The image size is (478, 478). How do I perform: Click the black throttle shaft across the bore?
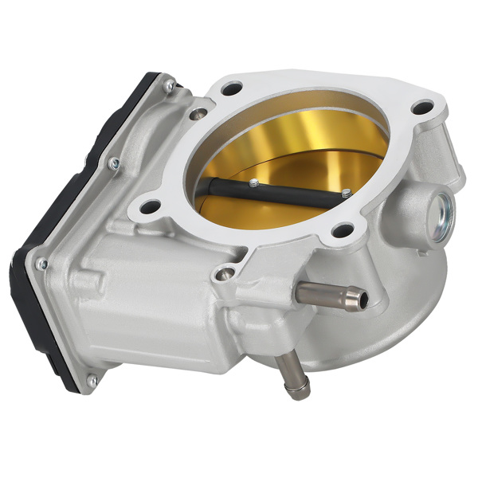[271, 194]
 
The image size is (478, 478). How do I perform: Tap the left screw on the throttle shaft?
[253, 182]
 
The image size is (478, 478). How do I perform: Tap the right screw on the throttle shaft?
[346, 193]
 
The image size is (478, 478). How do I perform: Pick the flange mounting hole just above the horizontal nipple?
[342, 231]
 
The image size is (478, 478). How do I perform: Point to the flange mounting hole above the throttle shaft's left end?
[231, 89]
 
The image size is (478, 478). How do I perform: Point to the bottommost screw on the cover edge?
[93, 381]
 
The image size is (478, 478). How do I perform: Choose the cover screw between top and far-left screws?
[114, 163]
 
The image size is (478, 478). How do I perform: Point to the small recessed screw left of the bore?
[194, 113]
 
